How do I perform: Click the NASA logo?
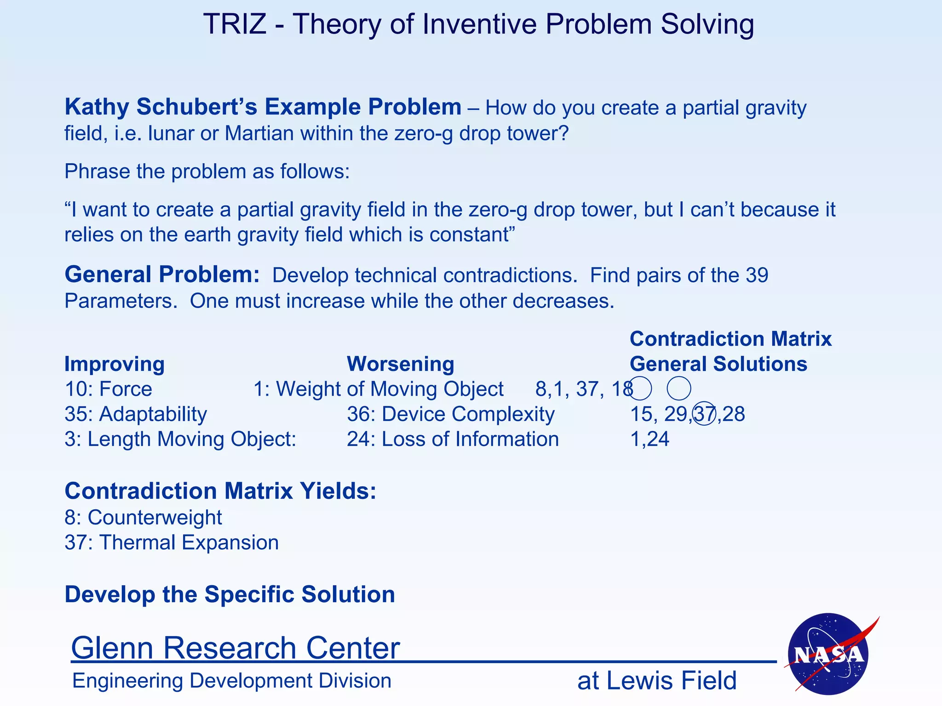coord(828,654)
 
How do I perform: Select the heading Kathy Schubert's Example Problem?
coord(263,107)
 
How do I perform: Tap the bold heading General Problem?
coord(162,274)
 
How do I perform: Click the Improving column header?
coord(114,364)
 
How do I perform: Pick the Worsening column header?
coord(400,364)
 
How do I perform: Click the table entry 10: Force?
coord(108,389)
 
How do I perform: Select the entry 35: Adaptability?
coord(136,414)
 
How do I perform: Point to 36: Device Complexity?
coord(451,414)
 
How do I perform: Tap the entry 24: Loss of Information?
coord(453,439)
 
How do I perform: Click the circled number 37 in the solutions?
coord(704,414)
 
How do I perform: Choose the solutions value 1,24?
coord(649,439)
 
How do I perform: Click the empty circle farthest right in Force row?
coord(678,388)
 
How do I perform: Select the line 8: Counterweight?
coord(143,518)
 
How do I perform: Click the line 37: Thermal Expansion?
coord(172,542)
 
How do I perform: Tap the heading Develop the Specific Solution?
coord(230,594)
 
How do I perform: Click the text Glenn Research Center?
coord(235,648)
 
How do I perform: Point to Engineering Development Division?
coord(231,681)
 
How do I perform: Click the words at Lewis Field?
coord(657,681)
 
